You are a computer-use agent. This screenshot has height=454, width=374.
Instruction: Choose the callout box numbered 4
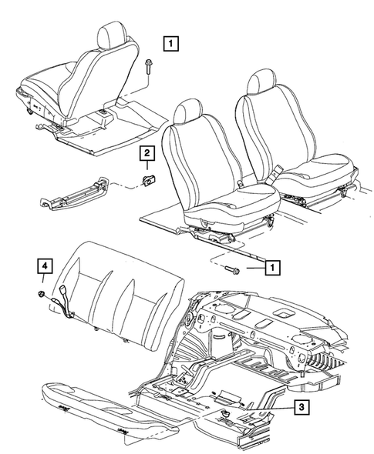(46, 268)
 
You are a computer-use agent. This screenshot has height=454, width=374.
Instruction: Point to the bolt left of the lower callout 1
(234, 269)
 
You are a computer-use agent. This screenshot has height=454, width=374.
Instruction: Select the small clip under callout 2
(147, 182)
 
